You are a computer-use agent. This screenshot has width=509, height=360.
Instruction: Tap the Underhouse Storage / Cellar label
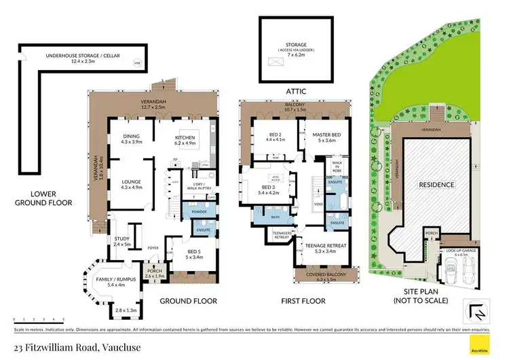[x=77, y=58]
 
